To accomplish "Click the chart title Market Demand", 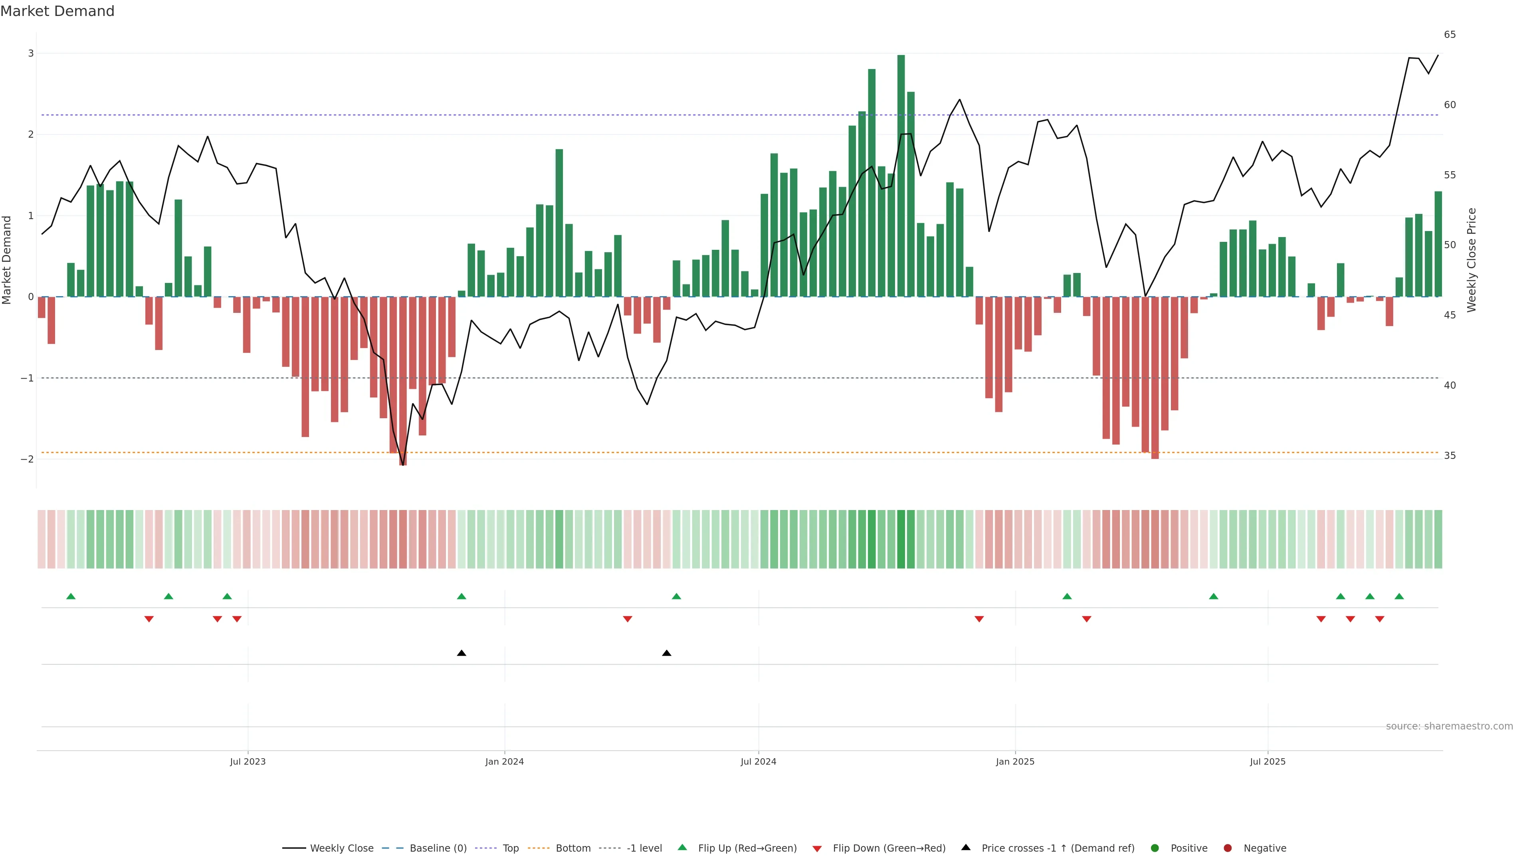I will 57,11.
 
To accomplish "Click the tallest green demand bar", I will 901,176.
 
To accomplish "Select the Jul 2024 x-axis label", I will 758,761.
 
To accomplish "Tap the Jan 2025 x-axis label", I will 1015,761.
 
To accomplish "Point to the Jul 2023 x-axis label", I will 248,761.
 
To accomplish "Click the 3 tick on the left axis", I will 31,53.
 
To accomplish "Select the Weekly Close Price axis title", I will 1472,260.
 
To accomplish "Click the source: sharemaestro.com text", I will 1449,726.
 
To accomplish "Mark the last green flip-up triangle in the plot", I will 1399,597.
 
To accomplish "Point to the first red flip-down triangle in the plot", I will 149,619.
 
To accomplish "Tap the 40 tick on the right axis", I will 1450,386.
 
